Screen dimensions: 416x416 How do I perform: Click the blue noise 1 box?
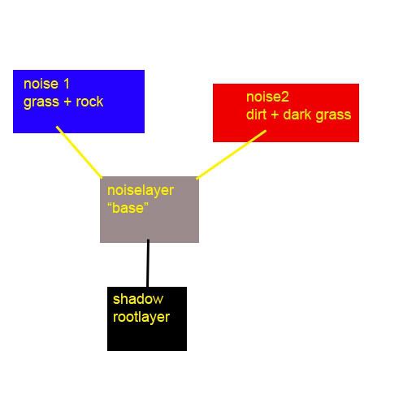pos(79,102)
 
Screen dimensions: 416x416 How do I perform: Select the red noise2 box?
pos(286,113)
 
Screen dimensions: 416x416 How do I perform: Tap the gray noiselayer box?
pos(149,210)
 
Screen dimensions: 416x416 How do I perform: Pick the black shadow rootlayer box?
pos(147,318)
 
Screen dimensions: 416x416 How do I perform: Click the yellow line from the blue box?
pos(79,152)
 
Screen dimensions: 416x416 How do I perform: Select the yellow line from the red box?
pos(232,154)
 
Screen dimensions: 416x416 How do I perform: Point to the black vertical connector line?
pos(148,263)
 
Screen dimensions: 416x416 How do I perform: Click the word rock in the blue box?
pos(89,102)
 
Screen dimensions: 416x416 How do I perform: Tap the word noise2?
pos(267,97)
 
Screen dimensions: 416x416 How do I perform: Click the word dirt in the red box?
pos(257,115)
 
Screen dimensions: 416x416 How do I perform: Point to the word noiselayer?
pos(141,191)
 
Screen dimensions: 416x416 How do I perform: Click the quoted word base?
pos(128,208)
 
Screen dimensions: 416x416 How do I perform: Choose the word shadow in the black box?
pos(138,299)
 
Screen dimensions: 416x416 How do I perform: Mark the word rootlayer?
pos(141,317)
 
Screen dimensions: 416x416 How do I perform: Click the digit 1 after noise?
pos(67,84)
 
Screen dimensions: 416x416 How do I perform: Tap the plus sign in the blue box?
pos(67,102)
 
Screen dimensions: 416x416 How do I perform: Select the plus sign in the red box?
pos(275,115)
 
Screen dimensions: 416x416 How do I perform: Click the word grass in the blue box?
pos(41,102)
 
